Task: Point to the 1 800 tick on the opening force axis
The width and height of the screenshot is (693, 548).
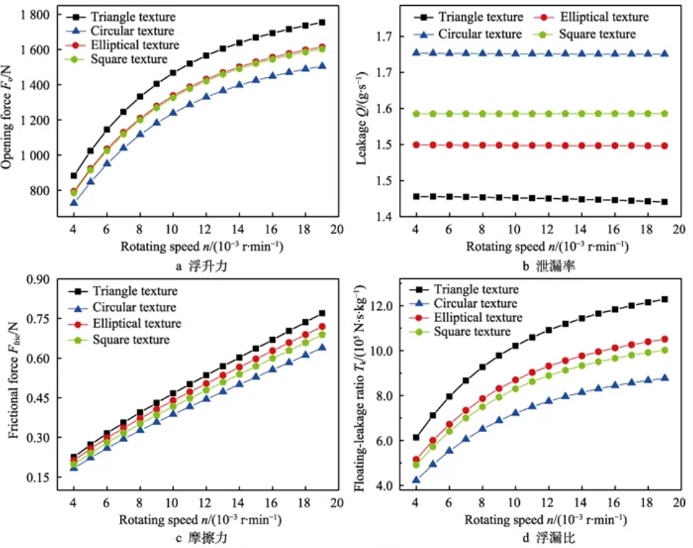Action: [x=34, y=15]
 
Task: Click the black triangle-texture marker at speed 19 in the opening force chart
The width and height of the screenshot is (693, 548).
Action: [x=322, y=23]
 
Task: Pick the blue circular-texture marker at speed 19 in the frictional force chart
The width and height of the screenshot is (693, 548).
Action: [x=322, y=348]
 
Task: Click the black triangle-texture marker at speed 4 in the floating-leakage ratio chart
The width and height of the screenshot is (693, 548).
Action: [x=415, y=437]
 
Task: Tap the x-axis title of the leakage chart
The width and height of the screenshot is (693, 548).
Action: [x=547, y=247]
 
